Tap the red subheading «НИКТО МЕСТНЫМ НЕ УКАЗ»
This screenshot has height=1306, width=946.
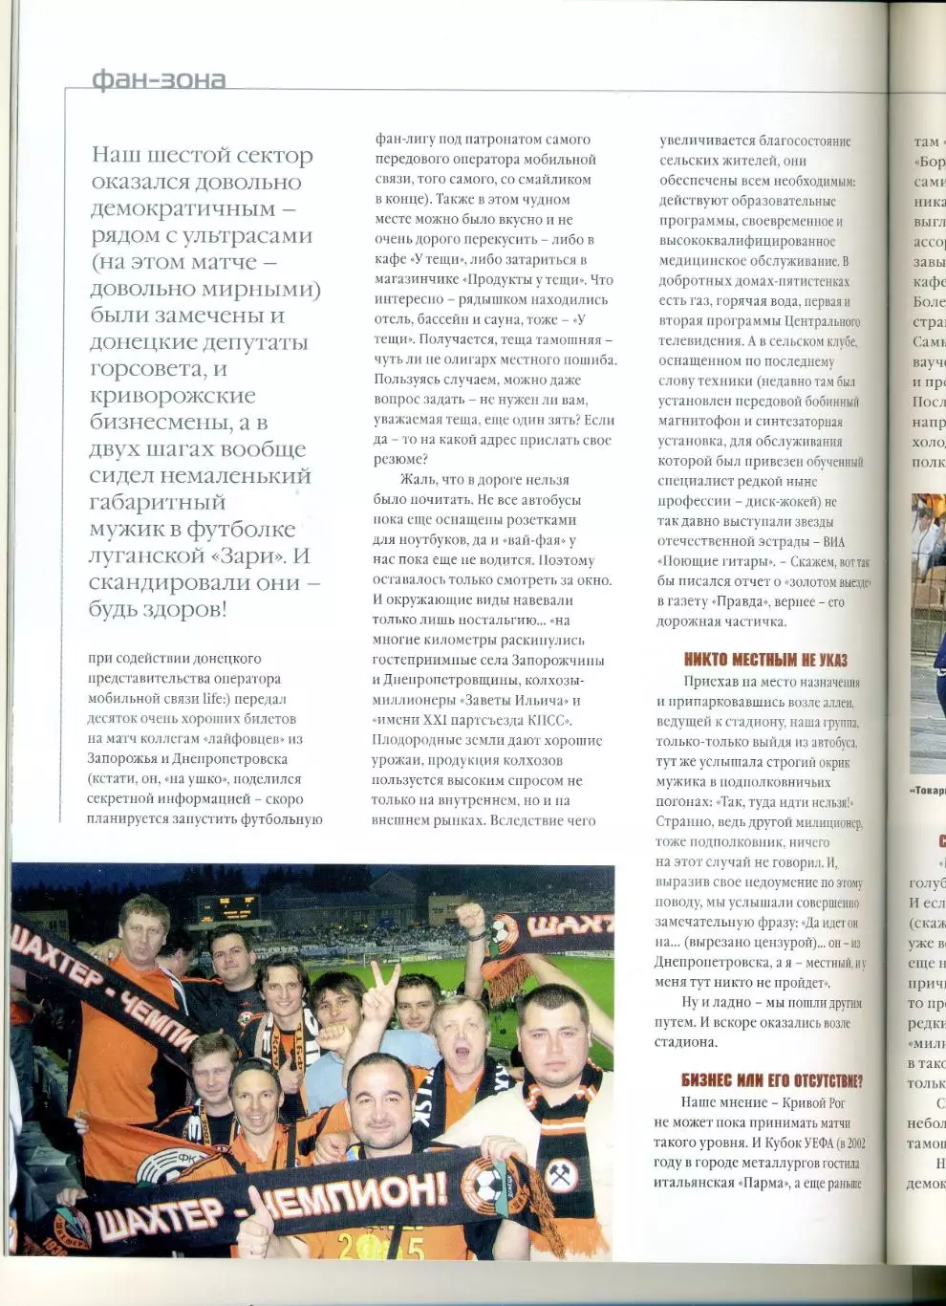click(x=764, y=660)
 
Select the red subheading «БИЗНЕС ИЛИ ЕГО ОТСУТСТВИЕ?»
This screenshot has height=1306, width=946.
click(x=771, y=1080)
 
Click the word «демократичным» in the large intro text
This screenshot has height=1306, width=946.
click(x=183, y=208)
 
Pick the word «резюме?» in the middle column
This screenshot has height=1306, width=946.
click(x=400, y=460)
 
